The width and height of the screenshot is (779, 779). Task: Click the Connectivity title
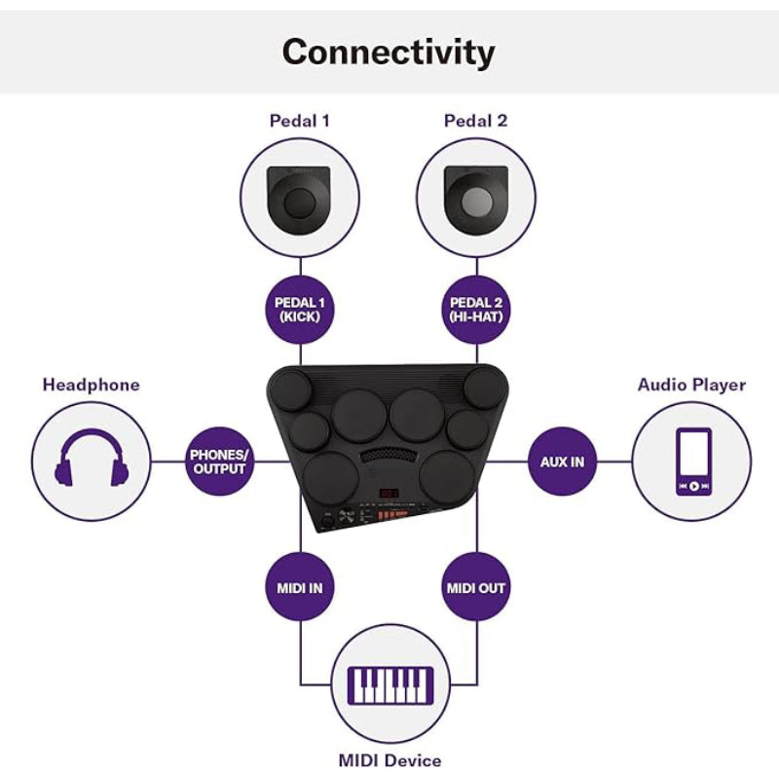(x=389, y=52)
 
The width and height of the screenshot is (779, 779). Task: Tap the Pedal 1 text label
(x=300, y=122)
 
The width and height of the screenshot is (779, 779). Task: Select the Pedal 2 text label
(x=475, y=122)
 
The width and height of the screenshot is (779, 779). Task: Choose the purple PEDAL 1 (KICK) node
(x=300, y=310)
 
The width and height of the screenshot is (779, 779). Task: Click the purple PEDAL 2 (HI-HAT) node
(x=476, y=310)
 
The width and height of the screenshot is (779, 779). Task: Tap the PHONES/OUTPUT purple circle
(x=218, y=461)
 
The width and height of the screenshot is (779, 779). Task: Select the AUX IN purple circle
(x=562, y=461)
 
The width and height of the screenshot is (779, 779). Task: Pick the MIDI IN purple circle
(x=300, y=588)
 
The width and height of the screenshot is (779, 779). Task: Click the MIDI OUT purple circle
(x=476, y=588)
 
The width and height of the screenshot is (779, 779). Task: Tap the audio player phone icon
(x=692, y=461)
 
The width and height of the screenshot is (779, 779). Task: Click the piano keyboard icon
(x=389, y=685)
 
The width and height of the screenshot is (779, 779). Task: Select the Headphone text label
(x=92, y=385)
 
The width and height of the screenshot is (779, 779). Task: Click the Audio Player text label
(x=691, y=385)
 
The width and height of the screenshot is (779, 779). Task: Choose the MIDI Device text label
(x=389, y=760)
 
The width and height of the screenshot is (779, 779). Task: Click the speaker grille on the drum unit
(x=388, y=456)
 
